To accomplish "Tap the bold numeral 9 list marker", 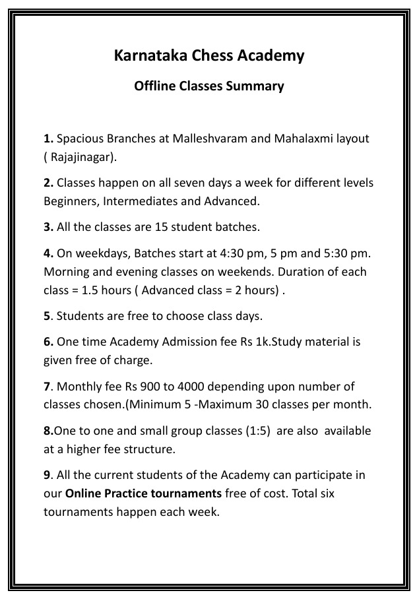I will click(47, 475).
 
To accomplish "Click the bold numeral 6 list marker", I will click(48, 342).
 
